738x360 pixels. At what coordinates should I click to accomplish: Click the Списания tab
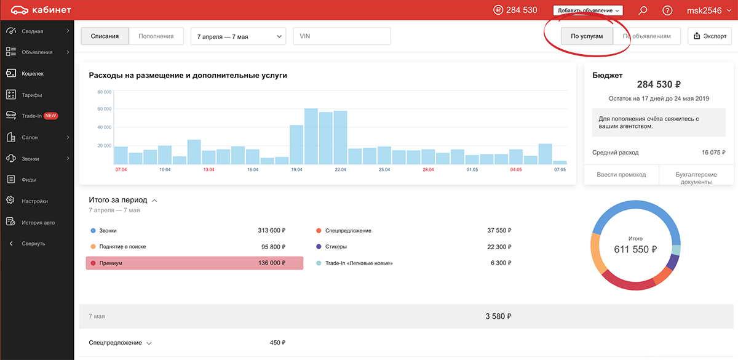105,36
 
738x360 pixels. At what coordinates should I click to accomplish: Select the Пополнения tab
156,36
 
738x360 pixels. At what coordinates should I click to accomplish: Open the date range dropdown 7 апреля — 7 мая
239,36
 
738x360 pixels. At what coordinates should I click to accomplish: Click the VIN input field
342,36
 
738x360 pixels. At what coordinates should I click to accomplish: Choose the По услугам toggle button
587,36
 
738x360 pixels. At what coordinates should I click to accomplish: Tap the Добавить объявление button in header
588,10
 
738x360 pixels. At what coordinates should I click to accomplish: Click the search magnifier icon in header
643,10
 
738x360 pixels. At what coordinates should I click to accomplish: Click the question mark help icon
667,10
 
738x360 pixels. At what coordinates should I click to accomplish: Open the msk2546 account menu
708,10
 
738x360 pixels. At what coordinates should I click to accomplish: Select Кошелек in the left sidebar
33,73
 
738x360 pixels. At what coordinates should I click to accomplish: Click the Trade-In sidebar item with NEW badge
32,116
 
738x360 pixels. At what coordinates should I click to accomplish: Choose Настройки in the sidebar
34,201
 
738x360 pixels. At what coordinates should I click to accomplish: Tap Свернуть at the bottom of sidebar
33,244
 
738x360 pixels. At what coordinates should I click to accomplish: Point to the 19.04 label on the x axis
296,169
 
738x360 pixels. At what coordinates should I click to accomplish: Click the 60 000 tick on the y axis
105,109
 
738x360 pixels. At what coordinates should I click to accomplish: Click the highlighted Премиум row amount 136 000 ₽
271,263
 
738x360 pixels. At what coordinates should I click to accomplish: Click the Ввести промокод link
621,175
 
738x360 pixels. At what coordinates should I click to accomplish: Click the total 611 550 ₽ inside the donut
635,250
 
